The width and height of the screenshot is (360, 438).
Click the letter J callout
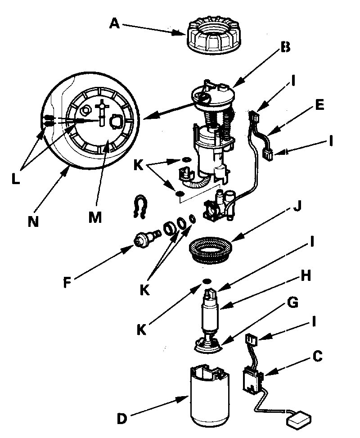coord(296,209)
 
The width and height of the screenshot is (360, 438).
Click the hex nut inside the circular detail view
coord(85,109)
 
